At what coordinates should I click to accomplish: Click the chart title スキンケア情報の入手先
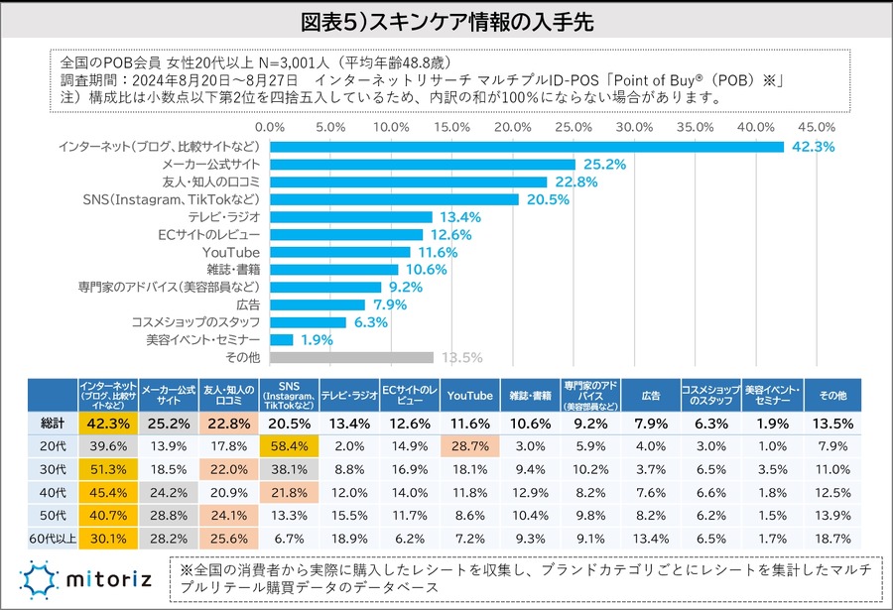click(446, 21)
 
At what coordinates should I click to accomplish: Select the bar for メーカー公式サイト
click(423, 164)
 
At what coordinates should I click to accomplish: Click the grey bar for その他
click(351, 358)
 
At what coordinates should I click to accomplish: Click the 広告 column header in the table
click(651, 395)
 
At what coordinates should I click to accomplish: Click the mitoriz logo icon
click(38, 579)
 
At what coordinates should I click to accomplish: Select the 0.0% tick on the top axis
click(269, 128)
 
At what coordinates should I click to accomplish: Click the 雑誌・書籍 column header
click(530, 395)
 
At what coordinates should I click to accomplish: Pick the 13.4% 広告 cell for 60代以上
click(650, 540)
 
